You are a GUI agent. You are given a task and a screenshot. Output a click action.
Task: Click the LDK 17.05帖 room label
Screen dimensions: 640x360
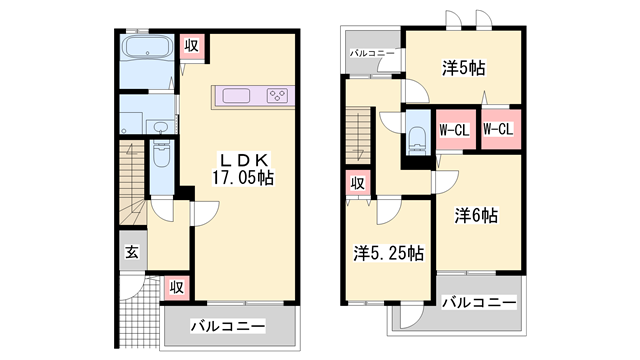(x=243, y=169)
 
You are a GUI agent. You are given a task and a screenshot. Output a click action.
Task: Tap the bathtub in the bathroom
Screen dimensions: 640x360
(x=147, y=48)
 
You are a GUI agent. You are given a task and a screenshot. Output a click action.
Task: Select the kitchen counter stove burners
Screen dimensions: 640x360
(x=277, y=96)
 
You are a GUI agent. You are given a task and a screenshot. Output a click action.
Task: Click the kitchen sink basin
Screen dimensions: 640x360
(x=236, y=96)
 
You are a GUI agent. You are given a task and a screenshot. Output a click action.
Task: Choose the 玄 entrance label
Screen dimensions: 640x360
(x=132, y=252)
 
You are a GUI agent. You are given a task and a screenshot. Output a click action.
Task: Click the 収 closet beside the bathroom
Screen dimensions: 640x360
(x=191, y=46)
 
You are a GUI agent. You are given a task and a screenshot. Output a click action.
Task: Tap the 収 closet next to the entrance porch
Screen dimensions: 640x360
(x=177, y=288)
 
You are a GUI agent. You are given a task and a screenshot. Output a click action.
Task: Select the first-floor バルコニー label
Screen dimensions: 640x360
(x=228, y=326)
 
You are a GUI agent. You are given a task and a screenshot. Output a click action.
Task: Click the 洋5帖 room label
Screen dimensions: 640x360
(x=464, y=68)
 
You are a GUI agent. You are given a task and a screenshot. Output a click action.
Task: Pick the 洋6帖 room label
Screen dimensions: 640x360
(x=476, y=215)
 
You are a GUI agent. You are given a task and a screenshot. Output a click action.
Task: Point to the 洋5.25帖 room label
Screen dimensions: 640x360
(x=389, y=253)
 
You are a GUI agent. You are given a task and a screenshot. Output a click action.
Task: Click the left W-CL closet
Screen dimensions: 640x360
(x=455, y=130)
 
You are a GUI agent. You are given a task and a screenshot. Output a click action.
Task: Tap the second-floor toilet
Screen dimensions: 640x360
(x=417, y=139)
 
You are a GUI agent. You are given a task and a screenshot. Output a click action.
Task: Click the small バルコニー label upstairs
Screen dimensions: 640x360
(x=372, y=53)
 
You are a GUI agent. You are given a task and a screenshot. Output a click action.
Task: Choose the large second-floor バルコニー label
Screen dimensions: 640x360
(x=479, y=302)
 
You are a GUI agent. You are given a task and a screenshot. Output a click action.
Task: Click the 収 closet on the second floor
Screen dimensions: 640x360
(x=358, y=183)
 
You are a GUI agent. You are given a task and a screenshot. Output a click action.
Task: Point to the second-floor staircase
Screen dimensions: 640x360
(x=358, y=136)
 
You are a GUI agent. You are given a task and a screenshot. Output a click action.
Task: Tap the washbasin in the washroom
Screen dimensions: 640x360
(x=160, y=127)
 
